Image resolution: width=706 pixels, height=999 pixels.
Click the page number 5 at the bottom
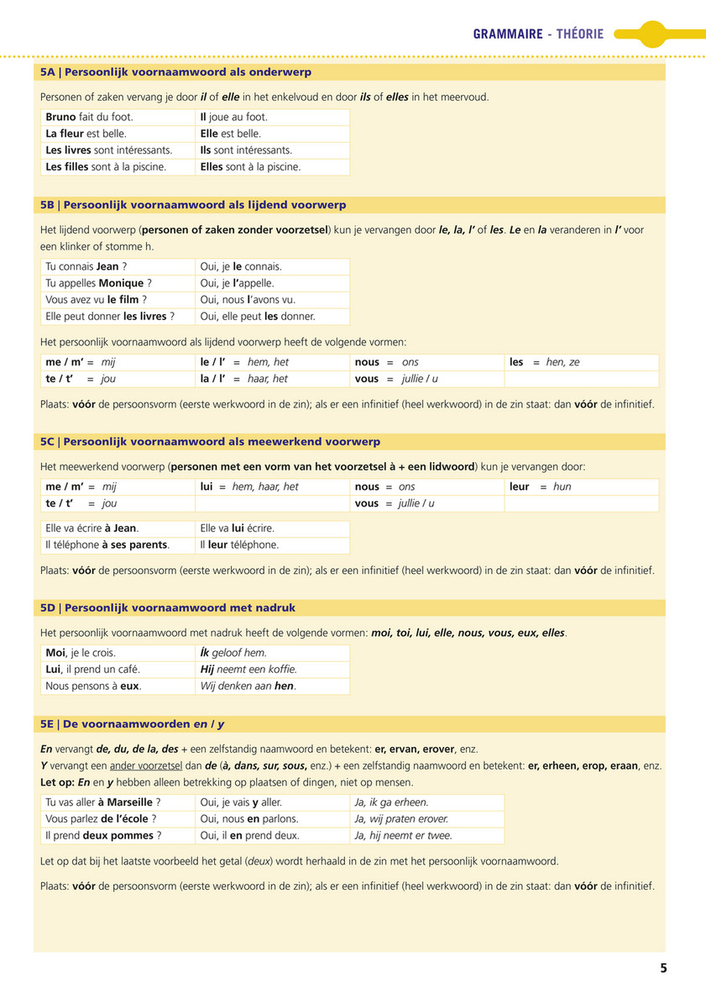(663, 968)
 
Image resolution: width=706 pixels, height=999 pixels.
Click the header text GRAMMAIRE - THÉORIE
(538, 34)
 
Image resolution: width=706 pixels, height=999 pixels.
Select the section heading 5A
(175, 72)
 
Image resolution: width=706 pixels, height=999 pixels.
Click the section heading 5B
(193, 205)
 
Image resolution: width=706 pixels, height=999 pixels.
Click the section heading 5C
(210, 441)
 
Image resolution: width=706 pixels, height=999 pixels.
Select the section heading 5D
(168, 607)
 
